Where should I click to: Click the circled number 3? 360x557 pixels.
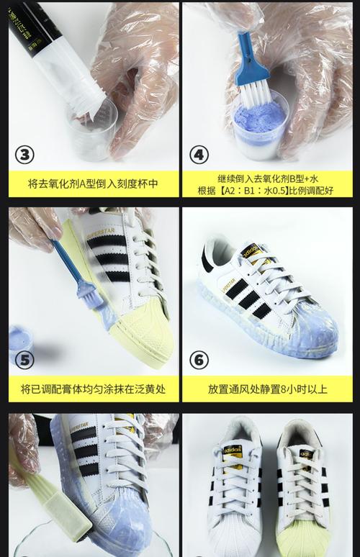pos(24,155)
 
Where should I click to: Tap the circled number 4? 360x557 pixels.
pos(199,155)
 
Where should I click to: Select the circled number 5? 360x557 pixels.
pos(24,360)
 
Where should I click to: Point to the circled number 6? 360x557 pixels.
pos(199,360)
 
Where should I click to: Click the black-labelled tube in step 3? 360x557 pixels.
pos(53,53)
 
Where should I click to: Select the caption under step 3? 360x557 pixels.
pos(93,184)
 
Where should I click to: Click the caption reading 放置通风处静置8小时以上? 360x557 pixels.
pos(268,389)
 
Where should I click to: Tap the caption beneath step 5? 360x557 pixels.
pos(93,389)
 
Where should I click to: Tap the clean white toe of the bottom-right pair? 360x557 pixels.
pos(234,535)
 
